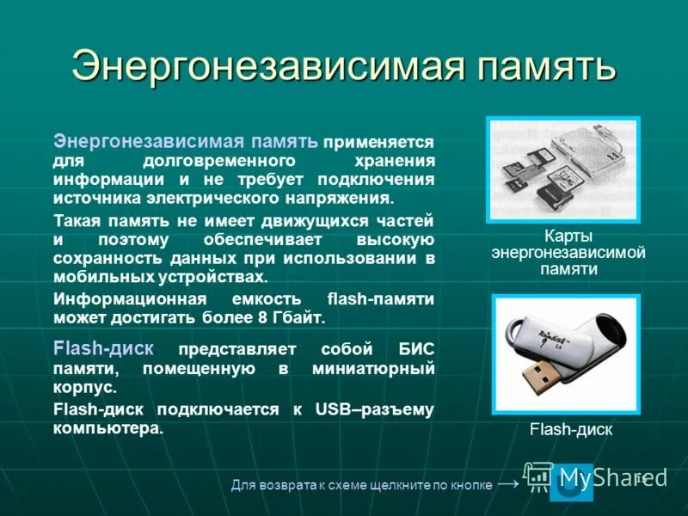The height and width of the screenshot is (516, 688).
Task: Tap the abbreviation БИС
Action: click(416, 349)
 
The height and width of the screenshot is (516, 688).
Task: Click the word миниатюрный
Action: click(377, 368)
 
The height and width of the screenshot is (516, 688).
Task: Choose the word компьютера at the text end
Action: click(106, 427)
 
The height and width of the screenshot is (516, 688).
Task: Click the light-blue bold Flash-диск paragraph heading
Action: click(103, 348)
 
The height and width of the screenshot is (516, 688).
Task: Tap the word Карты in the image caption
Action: click(568, 236)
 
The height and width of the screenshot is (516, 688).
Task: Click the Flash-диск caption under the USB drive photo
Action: click(570, 430)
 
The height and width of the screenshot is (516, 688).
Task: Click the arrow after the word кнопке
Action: click(508, 484)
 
